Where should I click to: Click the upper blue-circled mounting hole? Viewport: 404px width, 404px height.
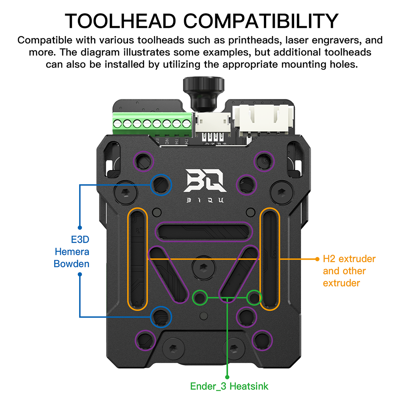(161, 184)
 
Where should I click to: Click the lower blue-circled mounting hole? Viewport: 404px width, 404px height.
(161, 317)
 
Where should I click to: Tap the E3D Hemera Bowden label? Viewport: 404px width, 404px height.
(72, 252)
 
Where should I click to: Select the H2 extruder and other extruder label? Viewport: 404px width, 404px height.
(349, 271)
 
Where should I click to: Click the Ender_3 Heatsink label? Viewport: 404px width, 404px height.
(229, 386)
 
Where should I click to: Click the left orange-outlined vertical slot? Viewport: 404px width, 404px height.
(138, 259)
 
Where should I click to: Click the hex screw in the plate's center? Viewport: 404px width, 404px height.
(202, 267)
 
